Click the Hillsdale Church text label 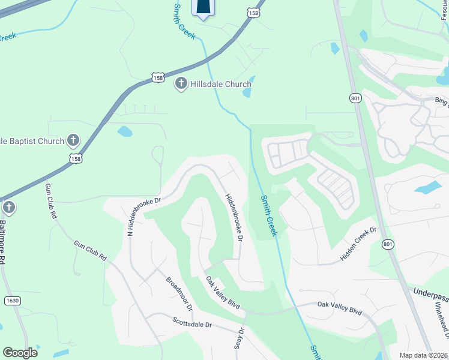(220, 84)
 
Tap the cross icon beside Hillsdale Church (181, 84)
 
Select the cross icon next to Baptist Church (73, 141)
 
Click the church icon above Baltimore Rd (8, 208)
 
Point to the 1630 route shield (12, 300)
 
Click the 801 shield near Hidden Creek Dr (388, 244)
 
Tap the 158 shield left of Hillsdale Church (158, 78)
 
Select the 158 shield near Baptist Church (76, 159)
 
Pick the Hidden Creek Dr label (358, 244)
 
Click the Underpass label (430, 292)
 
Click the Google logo (20, 353)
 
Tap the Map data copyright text (424, 355)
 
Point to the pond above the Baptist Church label (125, 131)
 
